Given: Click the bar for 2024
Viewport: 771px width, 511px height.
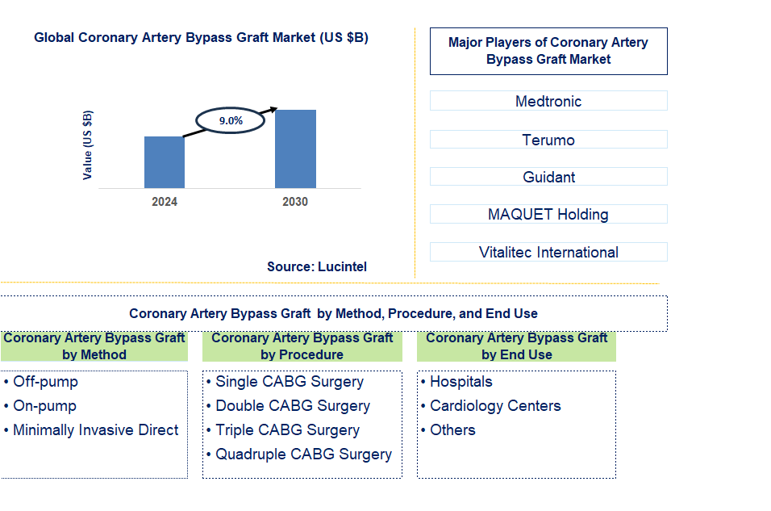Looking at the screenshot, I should click(x=165, y=162).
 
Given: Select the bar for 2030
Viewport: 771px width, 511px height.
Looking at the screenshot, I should click(x=295, y=149).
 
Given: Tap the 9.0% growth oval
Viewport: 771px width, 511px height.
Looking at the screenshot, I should click(x=231, y=120).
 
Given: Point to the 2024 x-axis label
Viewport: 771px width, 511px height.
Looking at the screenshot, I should click(x=165, y=202).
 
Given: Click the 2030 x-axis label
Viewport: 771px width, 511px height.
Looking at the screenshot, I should click(x=295, y=202).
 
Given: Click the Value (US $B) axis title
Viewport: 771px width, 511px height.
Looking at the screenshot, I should click(x=87, y=145).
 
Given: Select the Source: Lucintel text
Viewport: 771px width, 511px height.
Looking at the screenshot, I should click(x=317, y=266).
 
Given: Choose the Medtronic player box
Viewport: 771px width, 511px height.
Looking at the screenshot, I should click(x=548, y=101).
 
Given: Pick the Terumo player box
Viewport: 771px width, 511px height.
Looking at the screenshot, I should click(x=548, y=140).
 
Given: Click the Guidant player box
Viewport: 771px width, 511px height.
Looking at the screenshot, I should click(x=548, y=177).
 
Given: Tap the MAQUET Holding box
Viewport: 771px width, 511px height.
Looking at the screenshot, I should click(x=548, y=214).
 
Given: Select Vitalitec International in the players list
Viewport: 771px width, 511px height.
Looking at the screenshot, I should click(x=548, y=252).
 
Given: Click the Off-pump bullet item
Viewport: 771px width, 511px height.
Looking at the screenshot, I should click(x=45, y=382).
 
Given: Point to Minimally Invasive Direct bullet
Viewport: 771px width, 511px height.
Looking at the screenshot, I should click(x=95, y=430).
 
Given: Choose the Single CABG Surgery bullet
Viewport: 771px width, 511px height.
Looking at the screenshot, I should click(x=290, y=382).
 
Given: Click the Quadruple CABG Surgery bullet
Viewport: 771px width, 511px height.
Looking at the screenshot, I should click(x=303, y=454).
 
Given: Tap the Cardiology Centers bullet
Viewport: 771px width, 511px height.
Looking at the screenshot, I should click(x=495, y=406).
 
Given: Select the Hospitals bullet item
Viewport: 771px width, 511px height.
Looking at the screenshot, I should click(x=461, y=382).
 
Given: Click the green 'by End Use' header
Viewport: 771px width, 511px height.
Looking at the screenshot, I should click(x=516, y=346).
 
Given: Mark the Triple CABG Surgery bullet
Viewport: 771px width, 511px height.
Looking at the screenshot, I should click(x=287, y=430).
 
